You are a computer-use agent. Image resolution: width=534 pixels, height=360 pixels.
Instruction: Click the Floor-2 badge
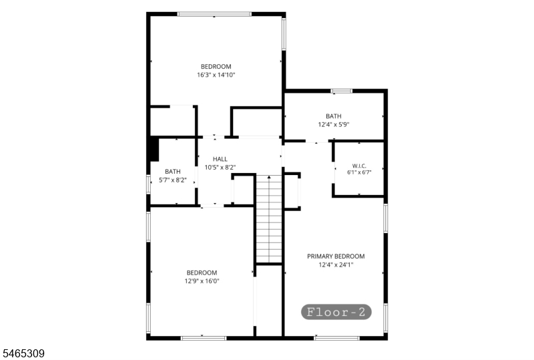click(336, 312)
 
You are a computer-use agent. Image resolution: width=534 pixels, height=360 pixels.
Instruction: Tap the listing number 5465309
click(23, 353)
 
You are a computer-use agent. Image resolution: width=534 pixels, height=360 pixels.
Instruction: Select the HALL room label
click(220, 159)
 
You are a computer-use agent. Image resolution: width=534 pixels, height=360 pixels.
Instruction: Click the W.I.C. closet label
click(359, 166)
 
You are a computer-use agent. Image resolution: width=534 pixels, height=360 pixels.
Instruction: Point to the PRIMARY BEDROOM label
click(336, 256)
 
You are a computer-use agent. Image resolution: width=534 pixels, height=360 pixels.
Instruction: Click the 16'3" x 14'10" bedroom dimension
click(216, 75)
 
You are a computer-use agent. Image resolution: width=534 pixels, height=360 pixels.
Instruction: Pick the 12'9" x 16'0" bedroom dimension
click(202, 281)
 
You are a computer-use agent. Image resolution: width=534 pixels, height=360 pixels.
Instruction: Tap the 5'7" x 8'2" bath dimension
click(173, 180)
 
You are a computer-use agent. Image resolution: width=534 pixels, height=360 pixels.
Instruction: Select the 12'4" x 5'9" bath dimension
click(333, 125)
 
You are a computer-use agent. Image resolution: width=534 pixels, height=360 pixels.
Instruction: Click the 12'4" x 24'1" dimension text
click(336, 265)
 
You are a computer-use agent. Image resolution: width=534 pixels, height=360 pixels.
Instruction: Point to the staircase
click(269, 219)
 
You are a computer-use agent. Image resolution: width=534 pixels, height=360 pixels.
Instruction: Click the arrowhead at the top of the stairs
click(269, 177)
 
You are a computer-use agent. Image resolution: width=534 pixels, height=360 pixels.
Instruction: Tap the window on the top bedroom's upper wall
click(214, 14)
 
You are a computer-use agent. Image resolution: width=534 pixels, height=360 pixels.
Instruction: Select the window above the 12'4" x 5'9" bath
click(342, 91)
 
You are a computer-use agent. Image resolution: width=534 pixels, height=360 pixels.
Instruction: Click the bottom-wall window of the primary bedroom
click(336, 338)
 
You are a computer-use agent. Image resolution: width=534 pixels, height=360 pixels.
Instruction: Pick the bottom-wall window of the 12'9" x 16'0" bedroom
click(204, 338)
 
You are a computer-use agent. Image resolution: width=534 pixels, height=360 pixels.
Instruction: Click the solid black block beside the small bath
click(154, 149)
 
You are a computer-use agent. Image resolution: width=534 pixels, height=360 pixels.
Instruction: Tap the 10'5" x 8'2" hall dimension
click(220, 168)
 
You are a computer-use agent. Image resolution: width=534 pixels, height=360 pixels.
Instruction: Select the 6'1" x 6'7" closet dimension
click(359, 172)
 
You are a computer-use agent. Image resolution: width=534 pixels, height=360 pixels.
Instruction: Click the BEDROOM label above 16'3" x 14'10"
click(216, 67)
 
